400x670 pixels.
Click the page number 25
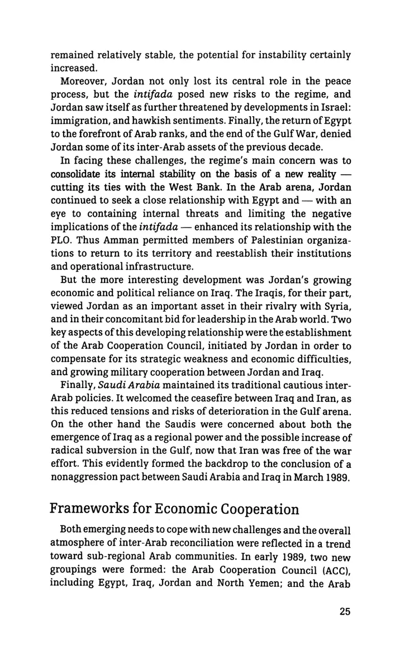[343, 642]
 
